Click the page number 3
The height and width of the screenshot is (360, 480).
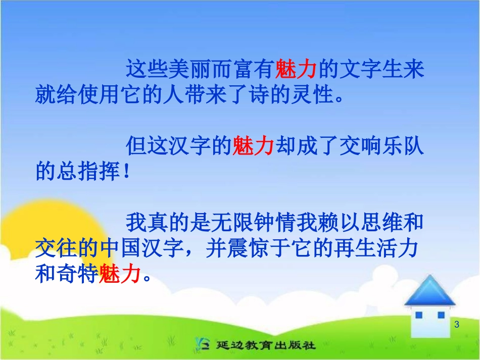pyautogui.click(x=457, y=325)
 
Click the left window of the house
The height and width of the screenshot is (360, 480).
pyautogui.click(x=418, y=316)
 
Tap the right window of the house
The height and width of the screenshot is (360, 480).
pyautogui.click(x=441, y=316)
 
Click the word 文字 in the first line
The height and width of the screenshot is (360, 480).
pyautogui.click(x=358, y=69)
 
